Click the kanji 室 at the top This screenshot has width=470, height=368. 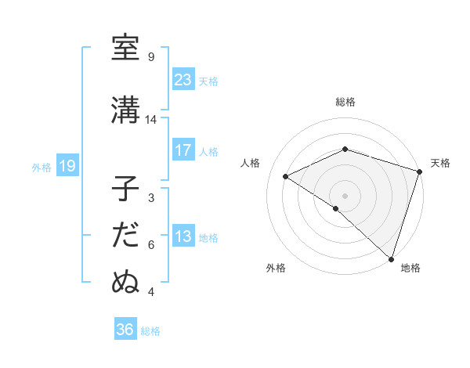pos(125,48)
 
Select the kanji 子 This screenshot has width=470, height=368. pos(125,189)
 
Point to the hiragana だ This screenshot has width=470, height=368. pos(125,235)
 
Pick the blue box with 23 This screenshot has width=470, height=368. pos(183,80)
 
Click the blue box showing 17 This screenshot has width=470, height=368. pos(183,150)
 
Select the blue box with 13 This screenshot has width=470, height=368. pos(183,236)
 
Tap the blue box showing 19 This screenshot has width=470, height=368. pos(67,166)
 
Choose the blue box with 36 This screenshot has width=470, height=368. pos(125,330)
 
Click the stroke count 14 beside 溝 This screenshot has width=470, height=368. pos(151,120)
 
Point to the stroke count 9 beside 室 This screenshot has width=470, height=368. pos(151,57)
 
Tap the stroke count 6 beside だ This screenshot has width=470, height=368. pos(151,245)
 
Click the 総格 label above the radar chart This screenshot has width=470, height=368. pos(345,102)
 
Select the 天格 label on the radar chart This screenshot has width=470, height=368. pos(440,163)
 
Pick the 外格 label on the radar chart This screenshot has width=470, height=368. pos(275,268)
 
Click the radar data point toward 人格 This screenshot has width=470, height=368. pos(286,176)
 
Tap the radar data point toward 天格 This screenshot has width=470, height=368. pos(419,171)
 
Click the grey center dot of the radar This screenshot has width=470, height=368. pos(345,195)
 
